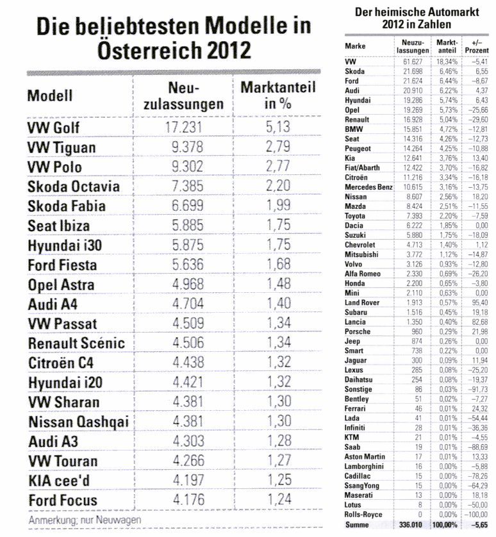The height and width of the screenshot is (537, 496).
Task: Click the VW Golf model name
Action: (x=54, y=128)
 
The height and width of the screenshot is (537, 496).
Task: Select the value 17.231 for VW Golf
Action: (x=184, y=128)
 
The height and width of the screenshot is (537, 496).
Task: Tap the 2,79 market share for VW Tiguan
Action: (x=278, y=147)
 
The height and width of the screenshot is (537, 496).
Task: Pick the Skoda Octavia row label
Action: (x=74, y=186)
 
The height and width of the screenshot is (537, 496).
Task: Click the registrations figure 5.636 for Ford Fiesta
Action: (x=184, y=265)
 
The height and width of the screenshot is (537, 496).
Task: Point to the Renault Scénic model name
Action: (x=76, y=343)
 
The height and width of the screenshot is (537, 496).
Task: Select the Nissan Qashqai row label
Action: (x=79, y=422)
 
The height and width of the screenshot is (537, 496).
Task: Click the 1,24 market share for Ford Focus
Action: (x=278, y=500)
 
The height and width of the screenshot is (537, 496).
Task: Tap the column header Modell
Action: (x=50, y=96)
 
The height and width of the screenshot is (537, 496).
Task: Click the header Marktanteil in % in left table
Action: (x=278, y=95)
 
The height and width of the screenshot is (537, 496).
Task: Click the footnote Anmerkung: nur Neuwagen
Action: (x=85, y=520)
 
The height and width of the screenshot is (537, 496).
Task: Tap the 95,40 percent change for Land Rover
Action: (x=477, y=302)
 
